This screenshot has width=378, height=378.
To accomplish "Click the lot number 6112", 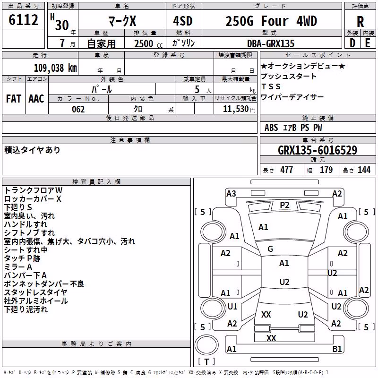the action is pyautogui.click(x=23, y=20).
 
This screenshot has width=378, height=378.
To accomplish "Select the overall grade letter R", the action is pyautogui.click(x=360, y=22).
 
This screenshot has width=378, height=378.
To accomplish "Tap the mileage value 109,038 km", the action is pyautogui.click(x=55, y=68).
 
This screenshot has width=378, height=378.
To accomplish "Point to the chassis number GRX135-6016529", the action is pyautogui.click(x=318, y=150).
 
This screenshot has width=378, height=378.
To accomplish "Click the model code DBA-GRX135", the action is pyautogui.click(x=271, y=43).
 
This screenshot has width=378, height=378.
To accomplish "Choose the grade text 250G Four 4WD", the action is pyautogui.click(x=271, y=21).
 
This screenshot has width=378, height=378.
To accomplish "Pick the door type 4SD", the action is pyautogui.click(x=183, y=21).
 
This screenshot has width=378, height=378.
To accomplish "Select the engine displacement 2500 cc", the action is pyautogui.click(x=148, y=43).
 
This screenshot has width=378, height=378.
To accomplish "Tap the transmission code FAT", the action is pyautogui.click(x=14, y=99).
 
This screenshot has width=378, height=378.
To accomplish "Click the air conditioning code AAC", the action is pyautogui.click(x=36, y=99).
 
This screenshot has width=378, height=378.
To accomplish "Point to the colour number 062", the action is pyautogui.click(x=78, y=109).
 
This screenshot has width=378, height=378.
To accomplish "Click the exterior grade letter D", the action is pyautogui.click(x=352, y=43).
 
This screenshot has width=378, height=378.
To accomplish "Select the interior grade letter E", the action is pyautogui.click(x=368, y=43).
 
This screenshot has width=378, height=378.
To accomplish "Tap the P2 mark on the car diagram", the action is pyautogui.click(x=284, y=205).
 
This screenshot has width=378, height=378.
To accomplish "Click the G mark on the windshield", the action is pyautogui.click(x=270, y=249).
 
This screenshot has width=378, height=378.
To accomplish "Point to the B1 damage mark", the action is pyautogui.click(x=337, y=349).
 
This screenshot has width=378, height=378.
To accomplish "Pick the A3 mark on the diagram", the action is pyautogui.click(x=231, y=194).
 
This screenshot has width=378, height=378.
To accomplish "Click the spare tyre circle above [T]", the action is pyautogui.click(x=206, y=345).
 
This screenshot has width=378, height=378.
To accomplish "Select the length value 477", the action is pyautogui.click(x=287, y=170).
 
